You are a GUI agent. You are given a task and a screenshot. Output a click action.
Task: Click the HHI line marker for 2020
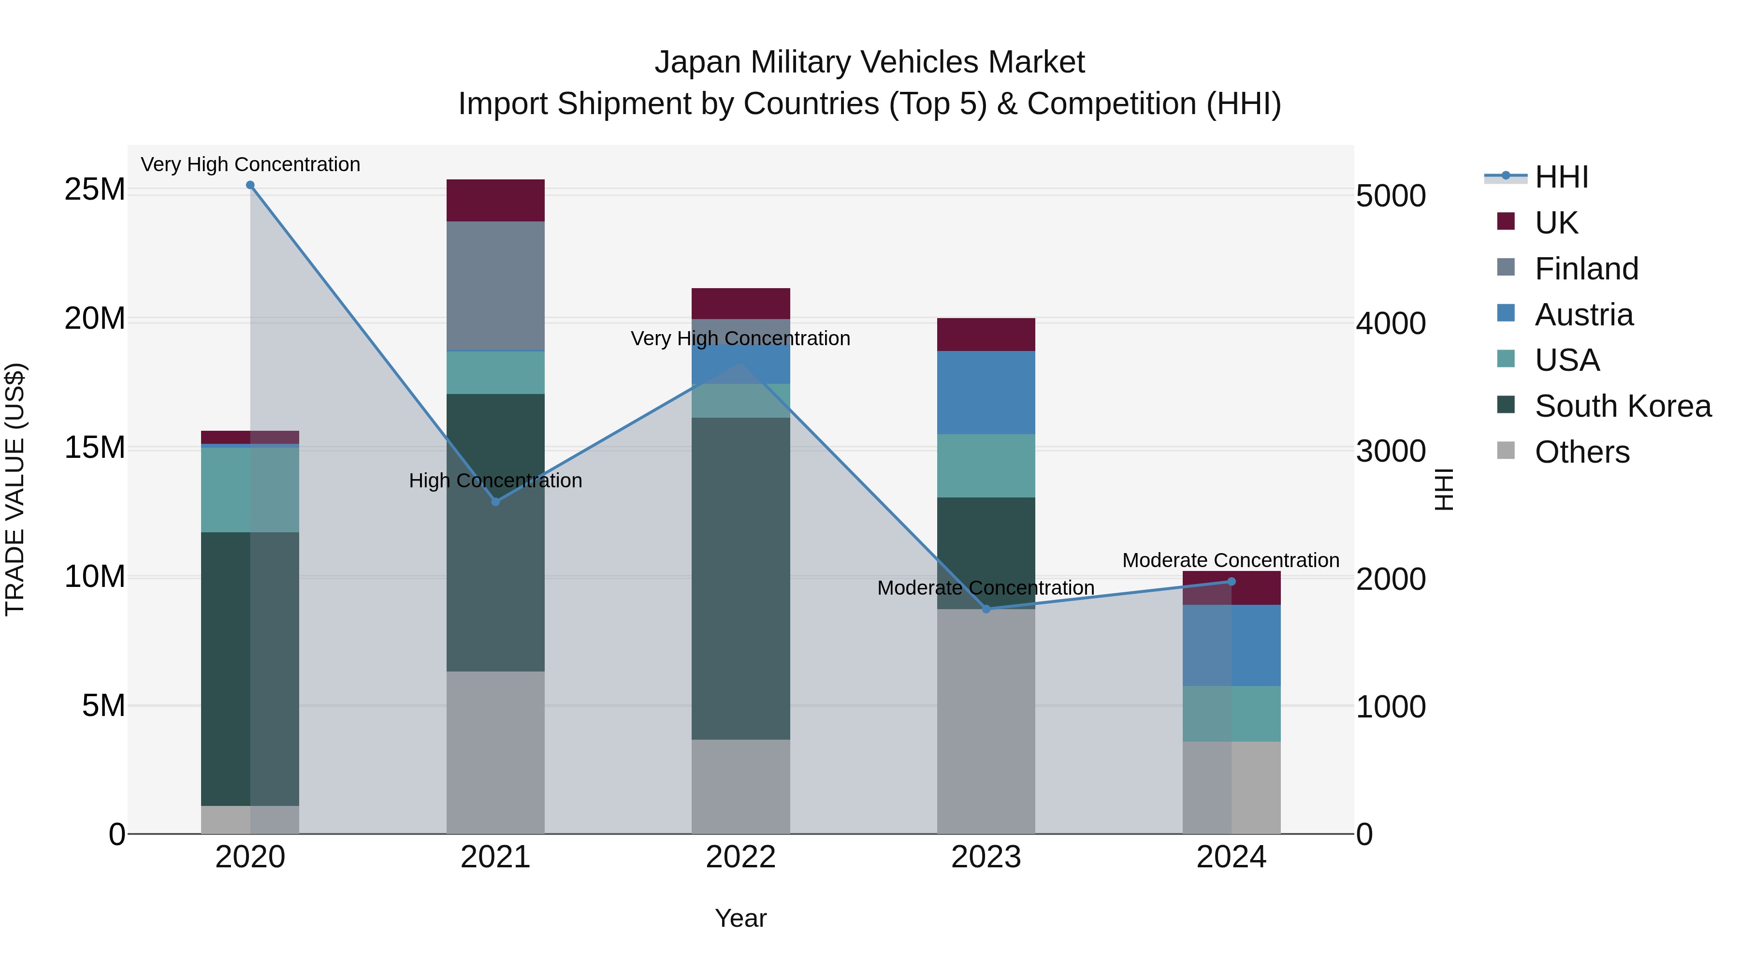pyautogui.click(x=250, y=185)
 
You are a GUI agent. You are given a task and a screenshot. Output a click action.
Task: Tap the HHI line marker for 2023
pyautogui.click(x=986, y=609)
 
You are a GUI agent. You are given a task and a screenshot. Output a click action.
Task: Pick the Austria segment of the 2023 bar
pyautogui.click(x=986, y=393)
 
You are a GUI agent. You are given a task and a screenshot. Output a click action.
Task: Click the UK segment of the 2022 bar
pyautogui.click(x=740, y=303)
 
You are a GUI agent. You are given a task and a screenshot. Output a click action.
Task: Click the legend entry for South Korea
pyautogui.click(x=1623, y=406)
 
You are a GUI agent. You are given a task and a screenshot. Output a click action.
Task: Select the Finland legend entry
pyautogui.click(x=1586, y=269)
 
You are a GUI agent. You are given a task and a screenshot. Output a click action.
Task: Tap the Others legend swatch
pyautogui.click(x=1506, y=451)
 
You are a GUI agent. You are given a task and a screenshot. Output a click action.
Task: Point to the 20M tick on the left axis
pyautogui.click(x=95, y=318)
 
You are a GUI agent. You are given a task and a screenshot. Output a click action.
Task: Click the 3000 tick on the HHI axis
pyautogui.click(x=1391, y=451)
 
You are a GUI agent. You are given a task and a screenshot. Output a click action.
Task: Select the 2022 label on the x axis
pyautogui.click(x=740, y=857)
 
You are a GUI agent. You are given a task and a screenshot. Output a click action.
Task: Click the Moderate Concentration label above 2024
pyautogui.click(x=1230, y=560)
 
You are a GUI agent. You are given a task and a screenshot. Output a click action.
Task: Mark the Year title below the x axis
pyautogui.click(x=740, y=918)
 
